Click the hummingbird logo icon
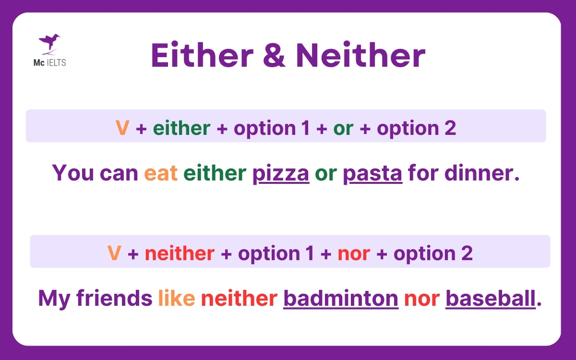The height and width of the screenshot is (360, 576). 49,44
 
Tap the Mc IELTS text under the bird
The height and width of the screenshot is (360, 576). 49,62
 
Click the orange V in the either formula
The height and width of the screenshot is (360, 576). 122,128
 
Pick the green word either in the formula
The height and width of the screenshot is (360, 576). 181,128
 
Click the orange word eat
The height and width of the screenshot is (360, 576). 161,172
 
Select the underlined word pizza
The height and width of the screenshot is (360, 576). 281,172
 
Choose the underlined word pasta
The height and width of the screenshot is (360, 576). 372,172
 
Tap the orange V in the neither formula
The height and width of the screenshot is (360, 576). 114,253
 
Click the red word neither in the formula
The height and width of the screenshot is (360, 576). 180,253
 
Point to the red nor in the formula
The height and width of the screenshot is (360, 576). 354,253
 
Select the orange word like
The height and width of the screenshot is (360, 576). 176,298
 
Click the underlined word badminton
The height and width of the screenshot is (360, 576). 341,298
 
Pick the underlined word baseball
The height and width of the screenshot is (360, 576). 490,298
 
